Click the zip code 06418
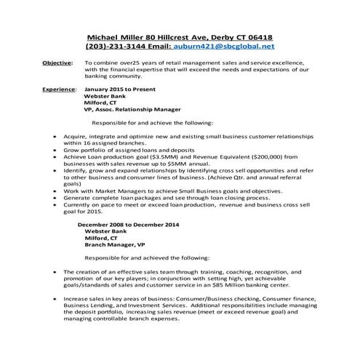click(259, 38)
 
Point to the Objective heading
click(57, 63)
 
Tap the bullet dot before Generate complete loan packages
click(57, 197)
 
